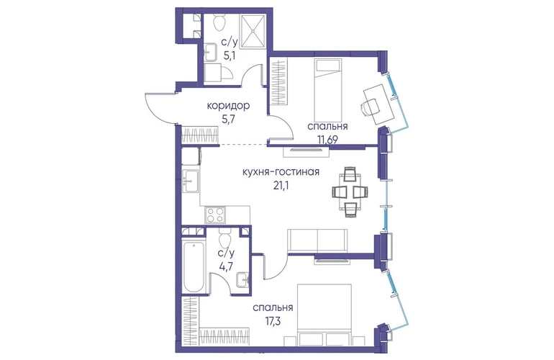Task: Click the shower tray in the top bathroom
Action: tap(253, 31)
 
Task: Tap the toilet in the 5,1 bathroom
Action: tap(219, 22)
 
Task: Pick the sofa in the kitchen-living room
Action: tap(317, 240)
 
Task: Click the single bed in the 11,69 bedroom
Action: tap(329, 90)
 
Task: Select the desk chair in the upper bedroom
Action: tap(370, 107)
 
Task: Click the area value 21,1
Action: tap(281, 186)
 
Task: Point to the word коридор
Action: tap(228, 106)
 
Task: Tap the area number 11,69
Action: tap(327, 140)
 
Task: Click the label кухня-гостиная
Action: tap(281, 172)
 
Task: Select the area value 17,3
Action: tap(273, 321)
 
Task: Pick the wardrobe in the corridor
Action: tap(200, 135)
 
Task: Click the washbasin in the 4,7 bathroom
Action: tap(242, 280)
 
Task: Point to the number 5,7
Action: tap(228, 119)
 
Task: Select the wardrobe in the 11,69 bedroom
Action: tap(278, 82)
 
